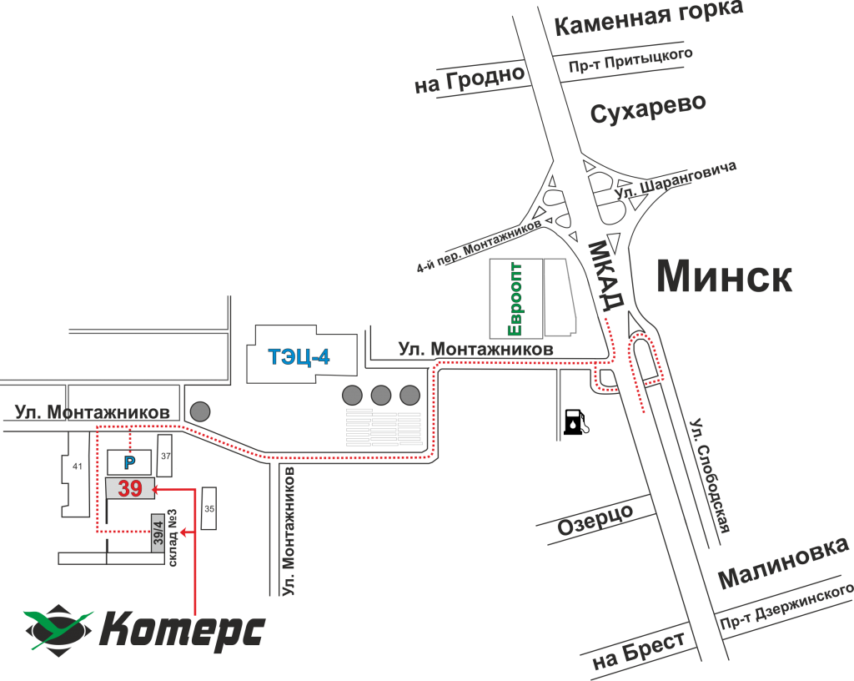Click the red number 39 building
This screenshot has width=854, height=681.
[x=130, y=488]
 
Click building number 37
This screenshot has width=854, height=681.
[x=165, y=456]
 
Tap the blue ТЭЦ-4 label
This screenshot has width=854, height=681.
[x=299, y=357]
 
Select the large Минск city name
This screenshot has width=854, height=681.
[x=724, y=276]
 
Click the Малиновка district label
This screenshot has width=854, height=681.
[x=782, y=563]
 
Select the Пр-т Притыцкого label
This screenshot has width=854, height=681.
[x=630, y=61]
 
